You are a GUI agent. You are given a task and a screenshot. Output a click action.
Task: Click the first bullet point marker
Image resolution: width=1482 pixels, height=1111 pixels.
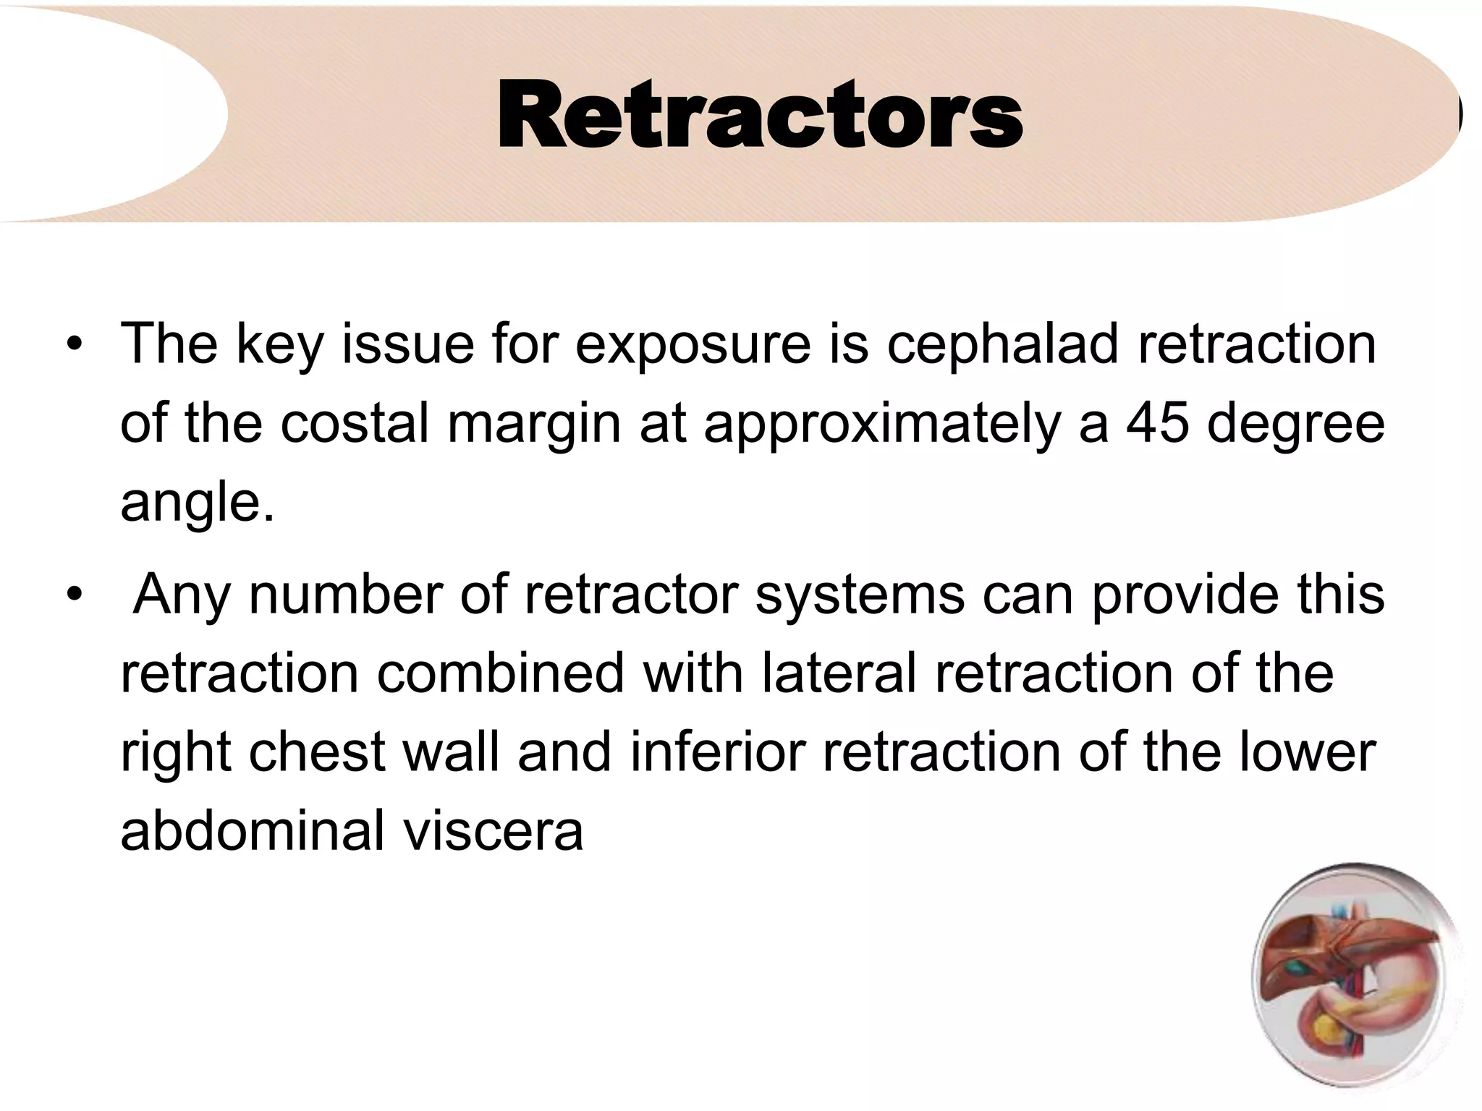pos(73,345)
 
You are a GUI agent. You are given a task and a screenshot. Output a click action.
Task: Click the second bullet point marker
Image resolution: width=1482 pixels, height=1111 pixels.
pos(73,595)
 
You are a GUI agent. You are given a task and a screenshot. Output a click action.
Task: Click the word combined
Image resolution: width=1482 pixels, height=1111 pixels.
pos(500,673)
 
